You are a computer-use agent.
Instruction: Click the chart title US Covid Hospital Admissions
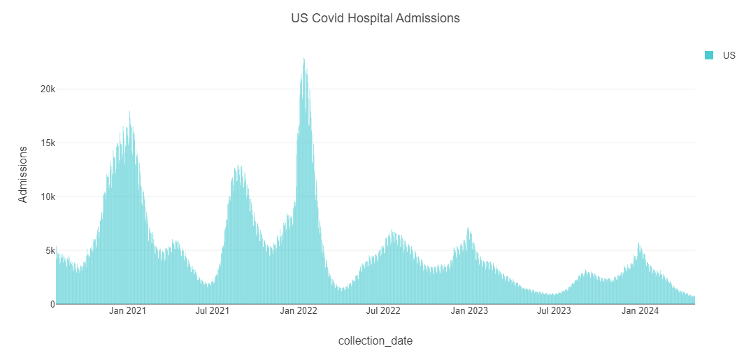pos(375,19)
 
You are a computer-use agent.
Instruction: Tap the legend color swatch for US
pos(709,55)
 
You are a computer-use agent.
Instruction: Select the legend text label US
pos(729,55)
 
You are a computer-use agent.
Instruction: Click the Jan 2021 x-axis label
pos(128,310)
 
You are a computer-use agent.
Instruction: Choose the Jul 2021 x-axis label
pos(212,310)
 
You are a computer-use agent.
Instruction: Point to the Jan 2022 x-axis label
pos(298,310)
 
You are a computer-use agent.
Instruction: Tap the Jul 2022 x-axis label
pos(382,310)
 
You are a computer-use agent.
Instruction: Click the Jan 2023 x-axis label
pos(469,310)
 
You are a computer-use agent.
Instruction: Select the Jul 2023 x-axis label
pos(553,310)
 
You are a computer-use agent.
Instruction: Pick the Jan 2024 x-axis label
pos(639,310)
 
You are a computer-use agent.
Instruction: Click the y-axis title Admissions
pos(23,174)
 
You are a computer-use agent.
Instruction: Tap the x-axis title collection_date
pos(375,341)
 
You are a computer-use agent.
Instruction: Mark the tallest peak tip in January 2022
pos(303,58)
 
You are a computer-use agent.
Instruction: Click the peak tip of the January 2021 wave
pos(129,112)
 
